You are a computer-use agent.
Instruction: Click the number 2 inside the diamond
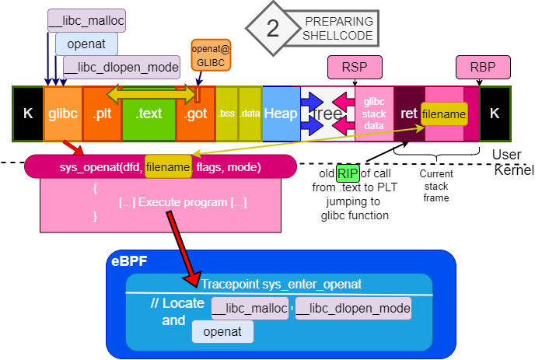pos(272,29)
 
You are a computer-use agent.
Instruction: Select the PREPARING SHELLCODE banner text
pos(339,29)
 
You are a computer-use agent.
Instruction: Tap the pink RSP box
pos(355,68)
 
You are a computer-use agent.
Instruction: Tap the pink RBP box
pos(482,68)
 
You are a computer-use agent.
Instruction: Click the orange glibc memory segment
pos(62,114)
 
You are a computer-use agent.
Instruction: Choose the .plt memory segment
pos(101,114)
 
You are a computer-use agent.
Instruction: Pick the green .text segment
pos(149,114)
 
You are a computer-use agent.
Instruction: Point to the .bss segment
pos(226,114)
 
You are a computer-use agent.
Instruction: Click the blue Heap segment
pos(281,114)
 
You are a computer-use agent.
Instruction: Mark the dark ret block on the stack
pos(409,114)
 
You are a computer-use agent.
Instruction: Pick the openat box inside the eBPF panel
pos(222,332)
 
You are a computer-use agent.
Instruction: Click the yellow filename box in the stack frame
pos(444,114)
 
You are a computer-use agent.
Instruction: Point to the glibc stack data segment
pos(375,114)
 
